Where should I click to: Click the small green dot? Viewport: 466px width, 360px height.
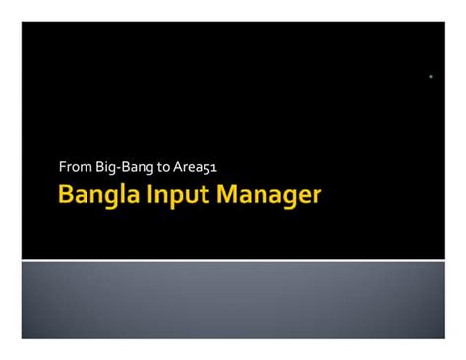tap(431, 76)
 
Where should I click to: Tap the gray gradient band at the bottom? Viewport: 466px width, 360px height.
tap(233, 300)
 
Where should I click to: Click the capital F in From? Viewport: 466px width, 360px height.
tap(62, 168)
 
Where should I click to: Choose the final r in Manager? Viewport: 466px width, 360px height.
tap(317, 197)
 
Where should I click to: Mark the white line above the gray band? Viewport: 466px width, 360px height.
tap(233, 260)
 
